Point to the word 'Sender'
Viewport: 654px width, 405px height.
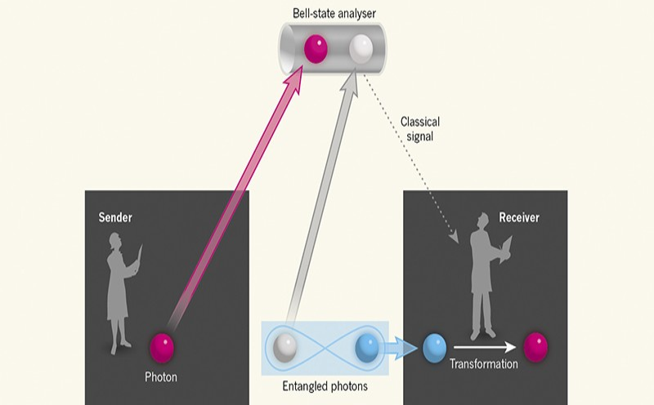(115, 218)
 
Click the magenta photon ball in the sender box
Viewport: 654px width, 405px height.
(163, 347)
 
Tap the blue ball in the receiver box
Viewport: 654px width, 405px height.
(434, 348)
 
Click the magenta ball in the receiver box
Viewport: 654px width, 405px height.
(535, 347)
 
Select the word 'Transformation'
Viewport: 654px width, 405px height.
(484, 364)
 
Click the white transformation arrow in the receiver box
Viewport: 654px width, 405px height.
(486, 346)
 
